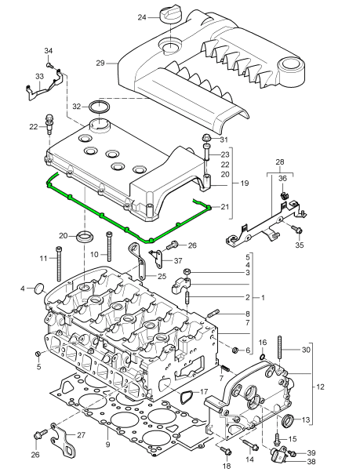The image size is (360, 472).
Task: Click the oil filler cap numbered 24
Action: pos(170,16)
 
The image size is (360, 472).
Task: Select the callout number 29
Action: pos(100,64)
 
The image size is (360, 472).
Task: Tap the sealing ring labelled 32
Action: pos(100,107)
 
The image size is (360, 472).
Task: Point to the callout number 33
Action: pos(39,77)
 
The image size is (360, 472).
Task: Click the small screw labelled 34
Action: pos(49,64)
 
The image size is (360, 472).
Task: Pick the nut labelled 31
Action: pos(208,137)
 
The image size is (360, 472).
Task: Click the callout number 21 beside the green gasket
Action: pos(225,207)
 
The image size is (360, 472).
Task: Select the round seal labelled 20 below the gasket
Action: pos(85,236)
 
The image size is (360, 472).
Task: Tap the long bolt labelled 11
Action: pos(60,263)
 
